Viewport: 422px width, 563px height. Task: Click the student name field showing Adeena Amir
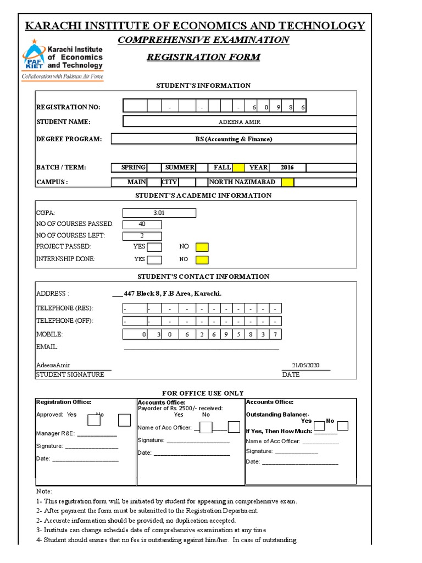(x=239, y=122)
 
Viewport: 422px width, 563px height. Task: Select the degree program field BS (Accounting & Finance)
(x=234, y=139)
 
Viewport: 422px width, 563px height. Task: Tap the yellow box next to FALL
(x=239, y=168)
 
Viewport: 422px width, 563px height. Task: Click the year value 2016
(x=287, y=168)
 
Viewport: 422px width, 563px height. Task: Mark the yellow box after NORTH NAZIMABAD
(x=287, y=183)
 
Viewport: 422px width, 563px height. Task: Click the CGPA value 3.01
(x=159, y=213)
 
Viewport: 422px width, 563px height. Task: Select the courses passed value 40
(x=142, y=224)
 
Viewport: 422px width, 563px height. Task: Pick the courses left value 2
(x=142, y=236)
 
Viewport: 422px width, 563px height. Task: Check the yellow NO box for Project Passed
(x=202, y=247)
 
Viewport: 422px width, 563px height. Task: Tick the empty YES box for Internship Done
(x=154, y=260)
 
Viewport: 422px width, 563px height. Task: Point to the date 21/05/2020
(x=306, y=365)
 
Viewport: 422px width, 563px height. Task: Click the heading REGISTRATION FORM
(x=203, y=57)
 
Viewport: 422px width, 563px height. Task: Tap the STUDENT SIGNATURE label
(x=70, y=374)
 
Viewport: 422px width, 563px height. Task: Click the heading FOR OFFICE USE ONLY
(x=203, y=393)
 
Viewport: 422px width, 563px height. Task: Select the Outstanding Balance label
(x=277, y=414)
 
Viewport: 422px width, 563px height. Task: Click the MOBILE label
(x=49, y=334)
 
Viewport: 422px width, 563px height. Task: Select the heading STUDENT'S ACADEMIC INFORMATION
(x=203, y=196)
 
